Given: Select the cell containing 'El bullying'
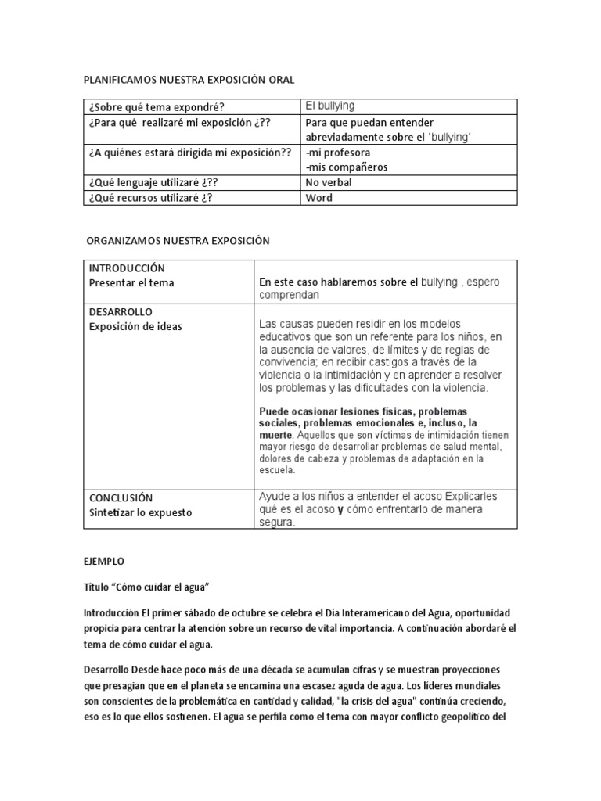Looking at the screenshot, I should [x=329, y=106].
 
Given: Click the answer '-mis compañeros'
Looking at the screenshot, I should [x=346, y=167].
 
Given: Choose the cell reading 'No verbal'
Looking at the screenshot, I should [x=329, y=182].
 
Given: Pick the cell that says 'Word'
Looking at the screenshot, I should [x=319, y=198].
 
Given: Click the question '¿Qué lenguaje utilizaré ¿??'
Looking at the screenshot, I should [x=153, y=182].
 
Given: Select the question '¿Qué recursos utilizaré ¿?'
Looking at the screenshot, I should [x=150, y=198].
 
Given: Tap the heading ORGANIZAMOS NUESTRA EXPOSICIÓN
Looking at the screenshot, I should [x=178, y=241].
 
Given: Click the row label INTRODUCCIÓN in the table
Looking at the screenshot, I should [x=127, y=268].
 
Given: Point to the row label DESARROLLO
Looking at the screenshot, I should [x=121, y=311].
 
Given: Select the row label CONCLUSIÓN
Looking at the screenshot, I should [x=121, y=497].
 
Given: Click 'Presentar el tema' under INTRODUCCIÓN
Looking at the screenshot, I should [x=131, y=283].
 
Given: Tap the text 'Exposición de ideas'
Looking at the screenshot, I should [x=135, y=326].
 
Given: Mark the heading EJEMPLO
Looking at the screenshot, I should [x=103, y=562].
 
